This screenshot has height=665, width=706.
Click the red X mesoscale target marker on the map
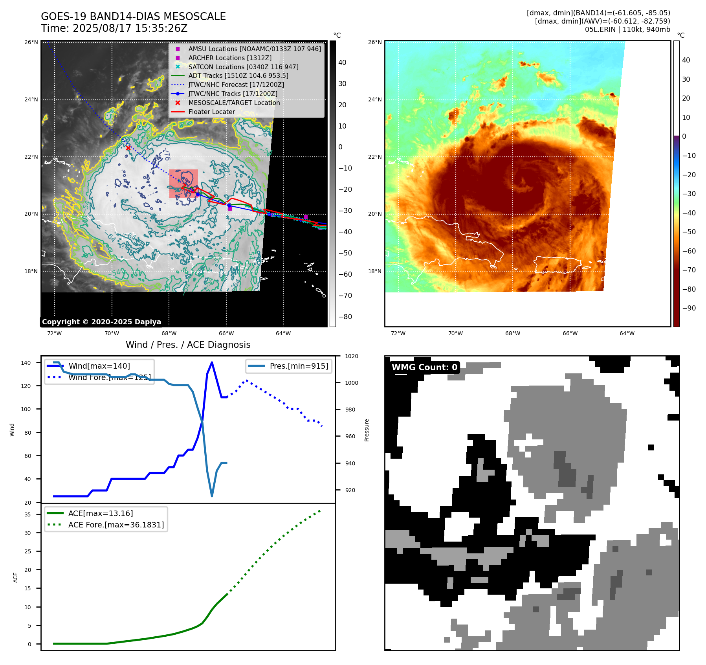(x=128, y=148)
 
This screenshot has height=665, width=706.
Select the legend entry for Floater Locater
(x=211, y=112)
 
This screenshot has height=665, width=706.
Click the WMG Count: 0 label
(x=424, y=367)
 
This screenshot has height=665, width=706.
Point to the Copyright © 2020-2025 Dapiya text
(x=101, y=322)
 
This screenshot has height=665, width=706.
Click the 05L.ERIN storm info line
(x=627, y=29)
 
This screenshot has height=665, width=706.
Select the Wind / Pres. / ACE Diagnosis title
(x=188, y=345)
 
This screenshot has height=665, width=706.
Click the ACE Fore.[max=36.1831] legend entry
(x=116, y=525)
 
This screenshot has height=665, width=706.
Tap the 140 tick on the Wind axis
(x=26, y=363)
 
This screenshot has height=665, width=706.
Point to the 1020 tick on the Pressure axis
(x=351, y=356)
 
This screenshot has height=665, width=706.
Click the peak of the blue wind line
(x=212, y=362)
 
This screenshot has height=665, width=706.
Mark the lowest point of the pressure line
(x=212, y=496)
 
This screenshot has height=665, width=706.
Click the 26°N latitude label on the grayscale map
(x=31, y=42)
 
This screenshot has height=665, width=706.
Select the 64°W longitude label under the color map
(x=627, y=334)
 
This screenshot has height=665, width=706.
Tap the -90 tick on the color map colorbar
(x=689, y=308)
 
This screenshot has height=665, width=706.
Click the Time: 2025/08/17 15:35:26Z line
(x=114, y=29)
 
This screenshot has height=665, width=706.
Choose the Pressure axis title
(x=367, y=430)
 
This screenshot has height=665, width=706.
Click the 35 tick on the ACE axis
(x=28, y=514)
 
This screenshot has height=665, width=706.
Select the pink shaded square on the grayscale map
(x=183, y=184)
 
